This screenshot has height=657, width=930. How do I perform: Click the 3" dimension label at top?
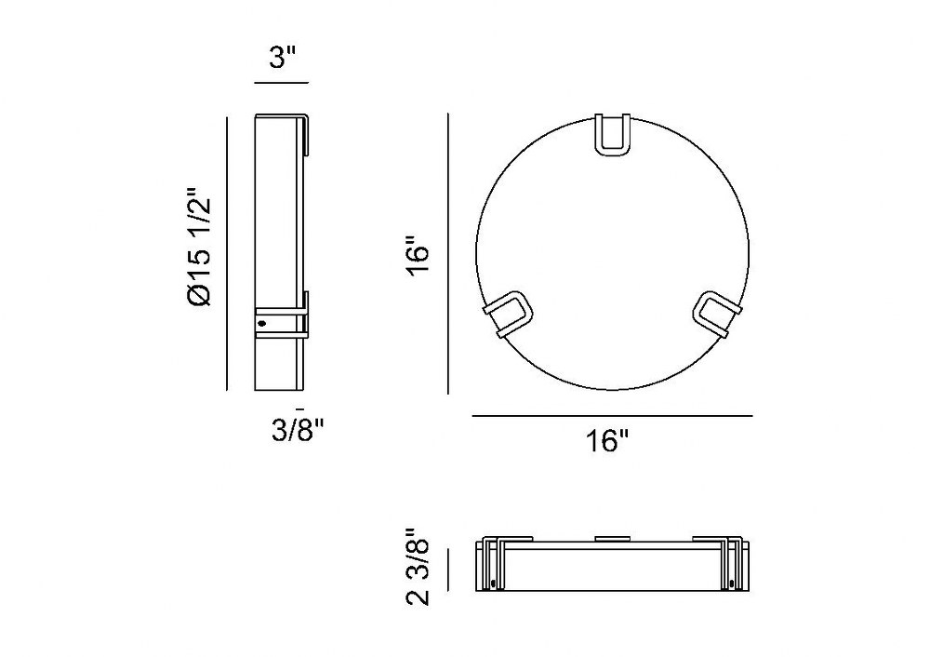pos(282,59)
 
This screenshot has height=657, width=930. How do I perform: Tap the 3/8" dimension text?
pos(299,430)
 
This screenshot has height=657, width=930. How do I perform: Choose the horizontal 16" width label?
pos(607,441)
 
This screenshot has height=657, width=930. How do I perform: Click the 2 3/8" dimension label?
pos(418,566)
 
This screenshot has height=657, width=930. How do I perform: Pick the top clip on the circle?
pos(613,135)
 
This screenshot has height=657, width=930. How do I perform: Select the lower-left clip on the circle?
pos(509,314)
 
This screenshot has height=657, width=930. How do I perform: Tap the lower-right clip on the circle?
pos(718,314)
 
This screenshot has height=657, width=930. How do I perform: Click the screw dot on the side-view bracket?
pos(262,324)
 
